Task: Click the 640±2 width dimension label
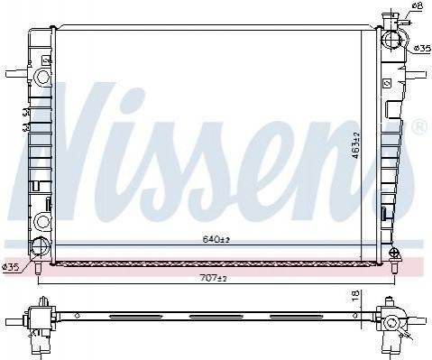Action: point(216,239)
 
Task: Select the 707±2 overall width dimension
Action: point(213,278)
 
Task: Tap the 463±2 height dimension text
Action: point(355,145)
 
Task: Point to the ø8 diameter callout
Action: point(418,5)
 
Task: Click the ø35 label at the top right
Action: point(422,48)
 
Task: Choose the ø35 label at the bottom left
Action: point(11,267)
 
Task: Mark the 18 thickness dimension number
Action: point(355,296)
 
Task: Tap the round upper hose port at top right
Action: point(392,40)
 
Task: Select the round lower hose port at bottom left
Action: point(41,245)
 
